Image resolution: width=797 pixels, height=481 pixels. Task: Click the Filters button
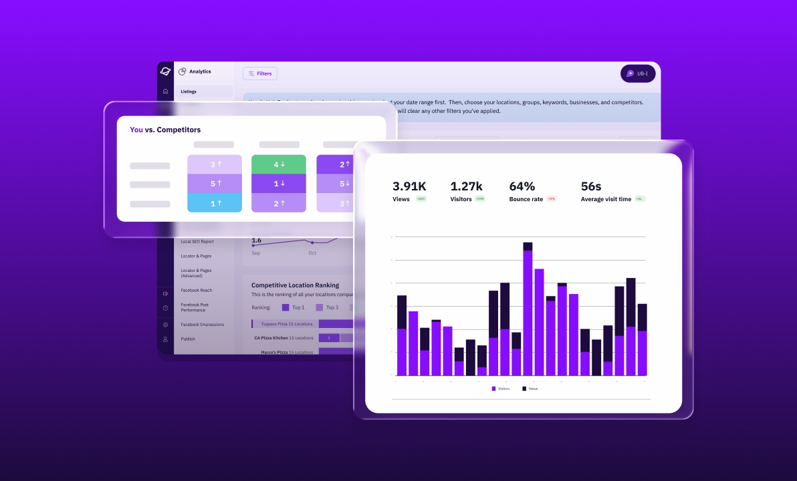[260, 73]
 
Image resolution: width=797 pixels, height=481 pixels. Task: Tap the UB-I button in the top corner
[637, 73]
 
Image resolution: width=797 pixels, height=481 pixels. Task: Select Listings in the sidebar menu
[189, 92]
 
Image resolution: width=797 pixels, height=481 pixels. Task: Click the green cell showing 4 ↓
[279, 164]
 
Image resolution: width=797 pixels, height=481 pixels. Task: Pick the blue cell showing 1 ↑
[215, 203]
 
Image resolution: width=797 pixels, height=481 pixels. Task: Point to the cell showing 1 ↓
[279, 184]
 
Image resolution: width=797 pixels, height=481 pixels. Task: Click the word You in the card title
[136, 130]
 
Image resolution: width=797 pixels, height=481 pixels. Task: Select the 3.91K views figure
[409, 186]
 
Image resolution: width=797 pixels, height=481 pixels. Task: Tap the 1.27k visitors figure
[466, 186]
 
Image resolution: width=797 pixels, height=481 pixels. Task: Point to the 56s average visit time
[592, 186]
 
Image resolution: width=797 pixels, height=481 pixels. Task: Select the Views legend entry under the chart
[530, 388]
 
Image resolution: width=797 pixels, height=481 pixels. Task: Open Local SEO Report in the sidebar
[197, 242]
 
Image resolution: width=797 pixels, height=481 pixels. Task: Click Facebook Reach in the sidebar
[196, 291]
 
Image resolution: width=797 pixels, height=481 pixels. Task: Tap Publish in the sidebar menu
[188, 339]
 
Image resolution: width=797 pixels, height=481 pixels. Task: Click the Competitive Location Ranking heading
[295, 285]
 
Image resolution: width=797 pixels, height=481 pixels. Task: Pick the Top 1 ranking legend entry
[293, 307]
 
